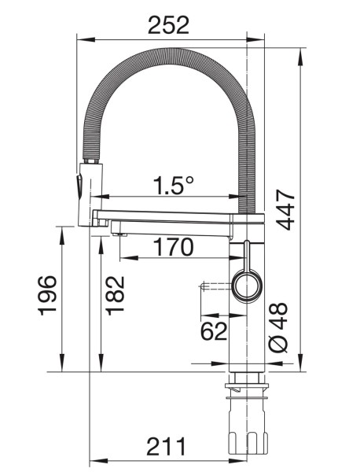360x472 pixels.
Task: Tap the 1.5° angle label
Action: [173, 186]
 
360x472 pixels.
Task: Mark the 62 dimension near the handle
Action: [214, 331]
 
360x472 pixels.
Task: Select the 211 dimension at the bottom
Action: [166, 447]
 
